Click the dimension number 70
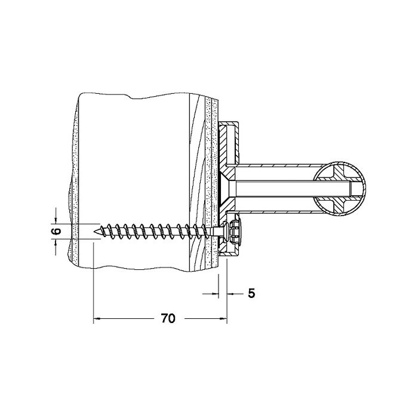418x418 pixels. click(168, 319)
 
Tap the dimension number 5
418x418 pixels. click(251, 293)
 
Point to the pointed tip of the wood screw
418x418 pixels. click(96, 228)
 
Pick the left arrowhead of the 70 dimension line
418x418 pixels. click(97, 319)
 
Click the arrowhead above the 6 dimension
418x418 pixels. click(57, 220)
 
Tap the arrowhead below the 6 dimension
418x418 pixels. click(57, 242)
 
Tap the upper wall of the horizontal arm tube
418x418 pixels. click(275, 166)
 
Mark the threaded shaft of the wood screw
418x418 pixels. click(155, 229)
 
